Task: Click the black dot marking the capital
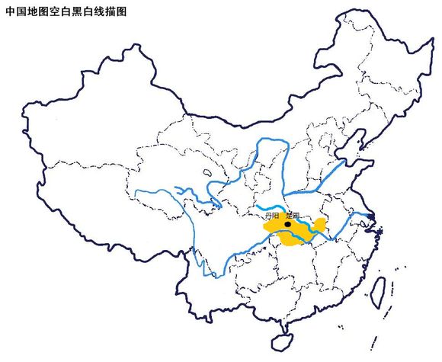287,225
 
